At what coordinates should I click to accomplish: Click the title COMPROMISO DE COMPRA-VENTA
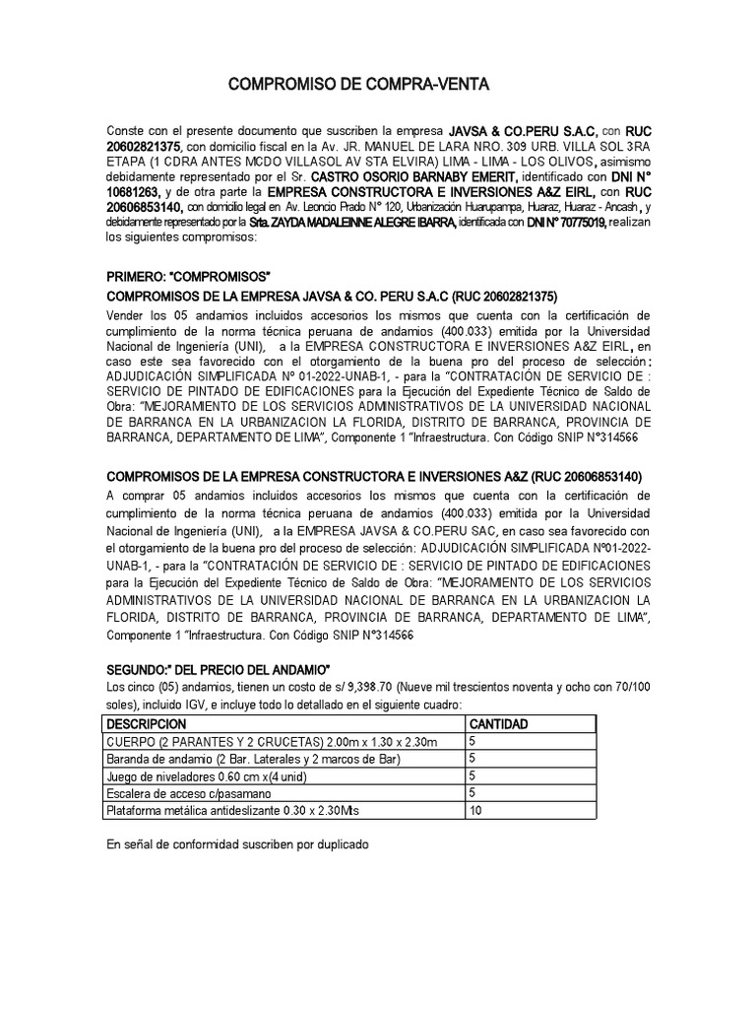pos(357,87)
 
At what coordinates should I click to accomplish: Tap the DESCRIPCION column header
pos(146,724)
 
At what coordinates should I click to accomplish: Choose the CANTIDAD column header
pos(500,724)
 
